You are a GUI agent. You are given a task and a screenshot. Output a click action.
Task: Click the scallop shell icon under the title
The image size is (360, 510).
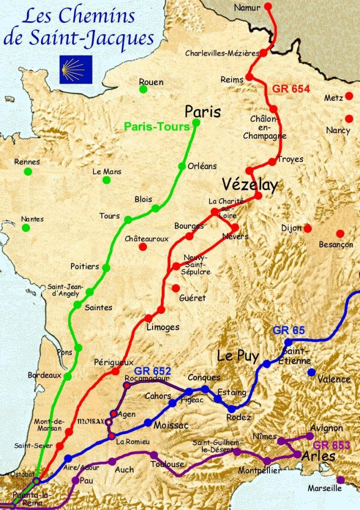pyautogui.click(x=76, y=69)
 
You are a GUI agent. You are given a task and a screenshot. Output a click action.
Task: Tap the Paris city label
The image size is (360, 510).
pyautogui.click(x=202, y=111)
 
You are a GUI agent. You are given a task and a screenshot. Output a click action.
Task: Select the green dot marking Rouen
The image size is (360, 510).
pyautogui.click(x=143, y=89)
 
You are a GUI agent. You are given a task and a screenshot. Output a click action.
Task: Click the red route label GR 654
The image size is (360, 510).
pyautogui.click(x=291, y=89)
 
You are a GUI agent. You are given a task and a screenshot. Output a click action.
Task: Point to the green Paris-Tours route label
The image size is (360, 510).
pyautogui.click(x=157, y=127)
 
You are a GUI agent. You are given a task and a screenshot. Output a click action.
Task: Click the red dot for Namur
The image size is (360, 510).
pyautogui.click(x=268, y=7)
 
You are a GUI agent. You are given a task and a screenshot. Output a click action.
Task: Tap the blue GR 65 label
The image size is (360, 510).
pyautogui.click(x=288, y=330)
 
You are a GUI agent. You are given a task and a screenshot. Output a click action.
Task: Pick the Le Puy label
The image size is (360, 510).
pyautogui.click(x=237, y=356)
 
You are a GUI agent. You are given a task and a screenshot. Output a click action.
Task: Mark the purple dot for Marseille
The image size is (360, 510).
pyautogui.click(x=340, y=479)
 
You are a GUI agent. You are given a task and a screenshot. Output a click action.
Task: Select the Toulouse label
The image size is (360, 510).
pyautogui.click(x=167, y=464)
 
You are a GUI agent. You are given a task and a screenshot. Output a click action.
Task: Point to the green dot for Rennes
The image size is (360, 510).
pyautogui.click(x=28, y=171)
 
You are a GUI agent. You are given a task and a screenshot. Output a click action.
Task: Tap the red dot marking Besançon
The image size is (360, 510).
pyautogui.click(x=340, y=233)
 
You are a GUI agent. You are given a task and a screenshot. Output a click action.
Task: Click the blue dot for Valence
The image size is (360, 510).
pyautogui.click(x=312, y=372)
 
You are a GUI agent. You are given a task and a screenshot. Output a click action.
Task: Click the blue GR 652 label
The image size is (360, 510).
pyautogui.click(x=152, y=371)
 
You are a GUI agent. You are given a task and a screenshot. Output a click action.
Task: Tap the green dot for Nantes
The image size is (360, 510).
pyautogui.click(x=26, y=228)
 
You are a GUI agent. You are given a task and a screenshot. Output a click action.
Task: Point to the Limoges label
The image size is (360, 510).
pyautogui.click(x=162, y=327)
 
